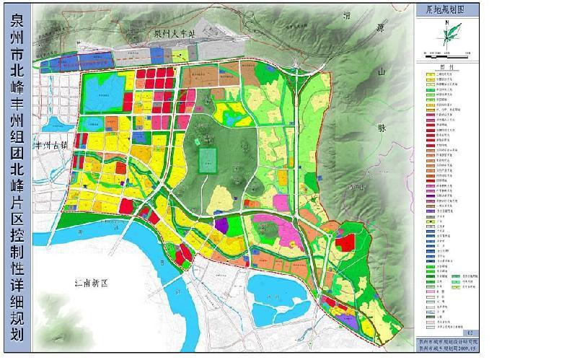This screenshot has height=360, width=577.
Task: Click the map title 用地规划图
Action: click(x=446, y=10)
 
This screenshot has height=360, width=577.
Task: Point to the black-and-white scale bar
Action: click(x=446, y=52)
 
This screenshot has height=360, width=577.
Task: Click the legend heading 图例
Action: click(x=446, y=63)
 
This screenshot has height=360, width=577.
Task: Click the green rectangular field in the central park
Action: click(x=208, y=160)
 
